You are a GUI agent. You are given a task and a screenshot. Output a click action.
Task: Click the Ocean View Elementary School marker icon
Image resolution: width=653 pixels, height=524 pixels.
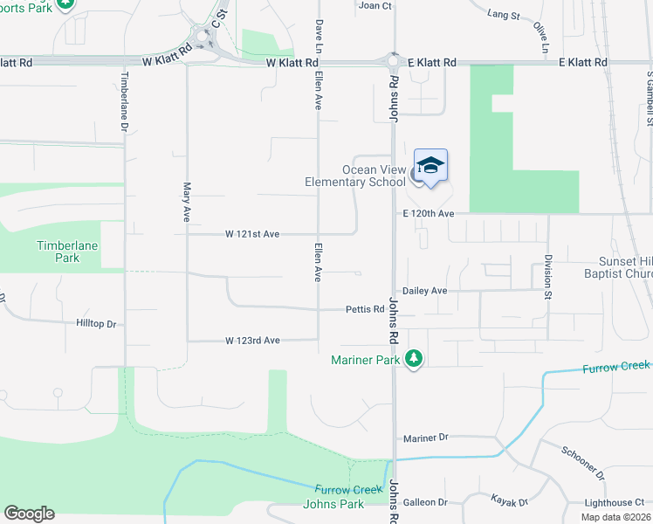click(x=430, y=166)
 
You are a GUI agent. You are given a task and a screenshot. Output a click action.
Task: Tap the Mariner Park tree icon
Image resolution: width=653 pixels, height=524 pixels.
click(x=414, y=359)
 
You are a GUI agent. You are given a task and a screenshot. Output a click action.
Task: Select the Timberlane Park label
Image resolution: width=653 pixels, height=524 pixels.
click(x=66, y=252)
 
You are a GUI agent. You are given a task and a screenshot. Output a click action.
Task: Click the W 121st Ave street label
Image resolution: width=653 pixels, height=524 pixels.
click(x=251, y=234)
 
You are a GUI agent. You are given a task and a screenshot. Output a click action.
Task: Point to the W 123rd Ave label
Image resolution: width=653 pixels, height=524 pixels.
click(x=251, y=340)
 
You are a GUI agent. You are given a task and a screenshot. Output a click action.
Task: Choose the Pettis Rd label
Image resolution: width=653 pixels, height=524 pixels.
click(x=365, y=309)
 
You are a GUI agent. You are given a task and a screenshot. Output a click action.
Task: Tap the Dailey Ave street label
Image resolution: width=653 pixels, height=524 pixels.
click(x=424, y=291)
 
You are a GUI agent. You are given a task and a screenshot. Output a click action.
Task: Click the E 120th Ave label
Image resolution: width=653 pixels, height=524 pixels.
click(x=429, y=214)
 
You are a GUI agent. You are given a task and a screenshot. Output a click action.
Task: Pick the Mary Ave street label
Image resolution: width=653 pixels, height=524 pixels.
click(x=186, y=201)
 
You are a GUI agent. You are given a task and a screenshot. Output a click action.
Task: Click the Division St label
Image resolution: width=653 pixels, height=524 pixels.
click(x=547, y=276)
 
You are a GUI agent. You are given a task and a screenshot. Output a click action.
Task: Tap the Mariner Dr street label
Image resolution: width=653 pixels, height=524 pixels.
click(x=425, y=438)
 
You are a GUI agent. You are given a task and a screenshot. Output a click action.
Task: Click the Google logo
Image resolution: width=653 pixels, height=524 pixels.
click(x=29, y=514)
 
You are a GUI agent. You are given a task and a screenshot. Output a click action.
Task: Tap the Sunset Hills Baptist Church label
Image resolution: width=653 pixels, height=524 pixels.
click(x=612, y=267)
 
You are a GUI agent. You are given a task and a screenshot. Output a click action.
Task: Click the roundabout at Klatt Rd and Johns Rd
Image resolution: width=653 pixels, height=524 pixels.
click(x=393, y=61)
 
